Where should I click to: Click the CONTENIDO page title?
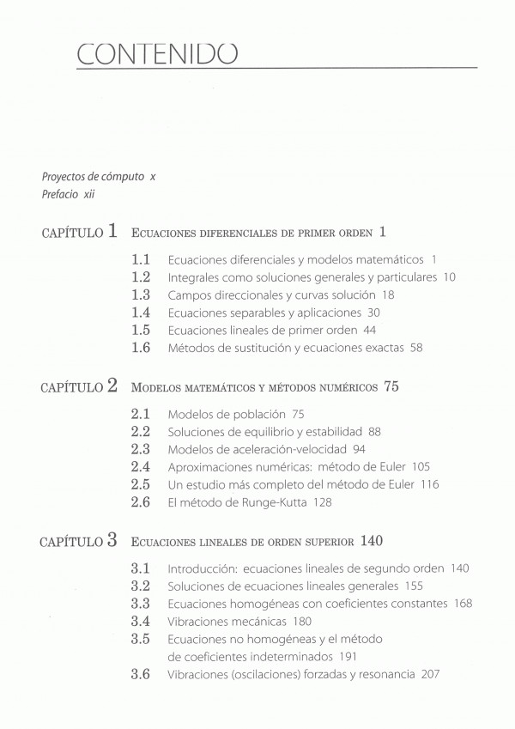pyautogui.click(x=156, y=53)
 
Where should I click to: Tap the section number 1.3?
pyautogui.click(x=141, y=295)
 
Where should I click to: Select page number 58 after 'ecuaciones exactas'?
pyautogui.click(x=416, y=348)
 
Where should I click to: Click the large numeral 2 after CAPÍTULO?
pyautogui.click(x=112, y=386)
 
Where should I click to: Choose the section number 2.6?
pyautogui.click(x=141, y=502)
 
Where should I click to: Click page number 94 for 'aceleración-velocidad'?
pyautogui.click(x=359, y=449)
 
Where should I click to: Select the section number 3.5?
pyautogui.click(x=141, y=639)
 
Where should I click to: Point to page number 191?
pyautogui.click(x=348, y=657)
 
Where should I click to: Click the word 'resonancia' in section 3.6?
pyautogui.click(x=389, y=675)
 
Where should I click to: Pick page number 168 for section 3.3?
pyautogui.click(x=463, y=604)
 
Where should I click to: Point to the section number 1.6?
pyautogui.click(x=141, y=348)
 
